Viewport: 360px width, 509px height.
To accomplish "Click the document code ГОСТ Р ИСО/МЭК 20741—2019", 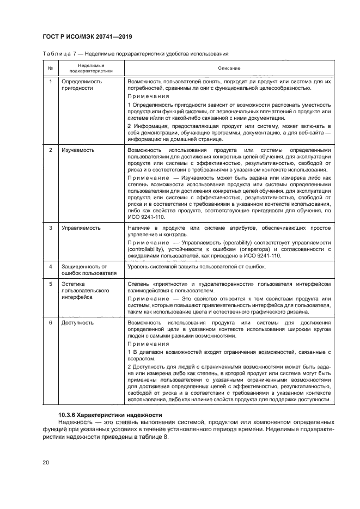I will (88, 36).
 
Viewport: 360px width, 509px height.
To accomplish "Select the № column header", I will (50, 68).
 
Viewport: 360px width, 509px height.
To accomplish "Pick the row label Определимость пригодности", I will (82, 84).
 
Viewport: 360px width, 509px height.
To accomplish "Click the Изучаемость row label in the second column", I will (78, 150).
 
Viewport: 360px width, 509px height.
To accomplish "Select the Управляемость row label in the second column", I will (81, 228).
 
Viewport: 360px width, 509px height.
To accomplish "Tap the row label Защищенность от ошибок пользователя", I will (86, 270).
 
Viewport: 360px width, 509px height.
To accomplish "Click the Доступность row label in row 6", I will (77, 323).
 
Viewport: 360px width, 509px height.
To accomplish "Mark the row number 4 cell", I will (50, 267).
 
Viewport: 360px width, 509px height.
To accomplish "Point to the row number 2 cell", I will (50, 150).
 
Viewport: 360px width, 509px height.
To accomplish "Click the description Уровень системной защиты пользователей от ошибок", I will (196, 267).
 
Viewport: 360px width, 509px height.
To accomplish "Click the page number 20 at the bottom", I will (46, 463).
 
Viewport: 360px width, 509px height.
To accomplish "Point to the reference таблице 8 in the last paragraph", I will (155, 437).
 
